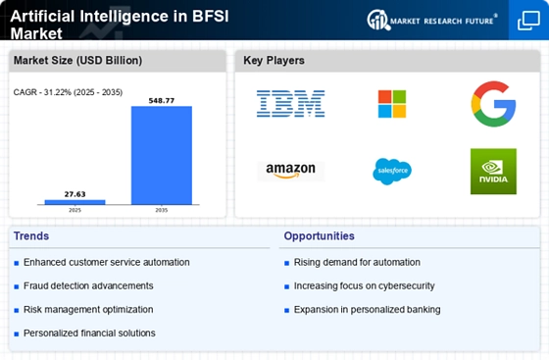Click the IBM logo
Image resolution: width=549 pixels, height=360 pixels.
click(x=290, y=104)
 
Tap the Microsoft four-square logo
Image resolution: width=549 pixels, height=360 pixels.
click(x=392, y=104)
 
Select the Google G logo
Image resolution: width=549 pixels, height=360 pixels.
click(x=493, y=104)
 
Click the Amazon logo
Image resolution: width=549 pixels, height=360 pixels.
click(x=290, y=171)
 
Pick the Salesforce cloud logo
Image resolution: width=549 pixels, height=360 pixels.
click(x=392, y=171)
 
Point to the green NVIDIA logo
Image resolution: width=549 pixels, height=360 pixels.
click(x=493, y=172)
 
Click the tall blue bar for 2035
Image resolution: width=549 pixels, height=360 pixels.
click(x=162, y=155)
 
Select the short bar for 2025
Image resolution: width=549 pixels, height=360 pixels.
click(x=75, y=202)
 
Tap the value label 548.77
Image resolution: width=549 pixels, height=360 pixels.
click(x=162, y=101)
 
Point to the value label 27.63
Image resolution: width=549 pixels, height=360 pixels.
click(x=75, y=194)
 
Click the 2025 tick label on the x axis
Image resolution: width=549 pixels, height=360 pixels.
click(x=75, y=210)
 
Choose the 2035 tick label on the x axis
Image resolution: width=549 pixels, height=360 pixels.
click(x=162, y=210)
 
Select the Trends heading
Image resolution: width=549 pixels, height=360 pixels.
click(x=31, y=236)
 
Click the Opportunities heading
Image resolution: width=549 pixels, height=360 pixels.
click(x=319, y=236)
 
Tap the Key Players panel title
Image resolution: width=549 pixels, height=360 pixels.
click(x=274, y=61)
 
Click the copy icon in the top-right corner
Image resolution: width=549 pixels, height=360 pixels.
click(x=528, y=21)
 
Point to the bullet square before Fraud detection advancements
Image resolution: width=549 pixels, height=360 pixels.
click(x=17, y=286)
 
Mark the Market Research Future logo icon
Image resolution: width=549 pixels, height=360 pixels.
click(x=378, y=20)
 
